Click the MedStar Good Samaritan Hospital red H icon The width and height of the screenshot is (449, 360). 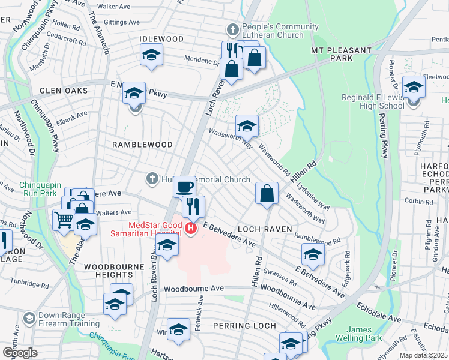(x=191, y=228)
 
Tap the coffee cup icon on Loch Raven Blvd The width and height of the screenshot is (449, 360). (x=185, y=186)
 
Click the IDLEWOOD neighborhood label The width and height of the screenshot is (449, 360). (x=161, y=39)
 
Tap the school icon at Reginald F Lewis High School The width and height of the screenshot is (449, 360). (x=414, y=88)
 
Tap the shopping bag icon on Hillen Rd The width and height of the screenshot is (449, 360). (x=267, y=193)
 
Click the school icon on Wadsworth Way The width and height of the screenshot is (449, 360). (x=246, y=126)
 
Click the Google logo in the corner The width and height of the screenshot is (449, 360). (x=19, y=352)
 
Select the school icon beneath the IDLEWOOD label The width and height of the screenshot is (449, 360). (x=152, y=55)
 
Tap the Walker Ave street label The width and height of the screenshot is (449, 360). (x=114, y=7)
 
